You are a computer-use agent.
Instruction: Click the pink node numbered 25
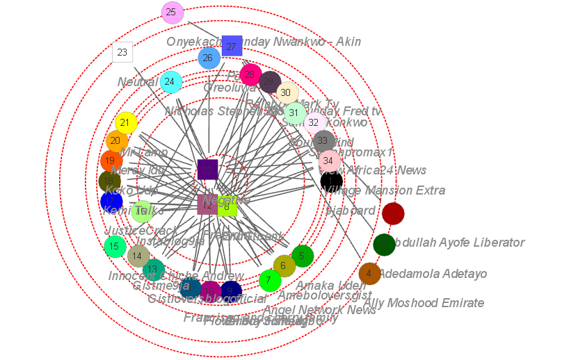172,13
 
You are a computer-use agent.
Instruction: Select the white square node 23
122,52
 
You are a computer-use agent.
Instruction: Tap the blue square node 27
232,46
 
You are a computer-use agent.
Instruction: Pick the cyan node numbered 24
170,82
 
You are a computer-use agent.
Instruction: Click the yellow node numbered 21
126,123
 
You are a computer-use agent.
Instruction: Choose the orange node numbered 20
116,141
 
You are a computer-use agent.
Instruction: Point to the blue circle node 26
209,58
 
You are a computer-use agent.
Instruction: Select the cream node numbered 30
287,92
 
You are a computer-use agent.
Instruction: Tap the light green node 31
296,113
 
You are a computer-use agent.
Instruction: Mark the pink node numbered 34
330,161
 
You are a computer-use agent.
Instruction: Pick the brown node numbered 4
369,274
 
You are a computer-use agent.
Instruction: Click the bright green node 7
270,280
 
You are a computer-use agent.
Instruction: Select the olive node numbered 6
284,265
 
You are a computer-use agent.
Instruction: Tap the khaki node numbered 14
138,256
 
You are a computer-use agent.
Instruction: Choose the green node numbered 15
115,246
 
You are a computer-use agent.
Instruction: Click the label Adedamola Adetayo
432,274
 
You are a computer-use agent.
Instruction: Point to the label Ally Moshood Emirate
423,303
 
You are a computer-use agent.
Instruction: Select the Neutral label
138,82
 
